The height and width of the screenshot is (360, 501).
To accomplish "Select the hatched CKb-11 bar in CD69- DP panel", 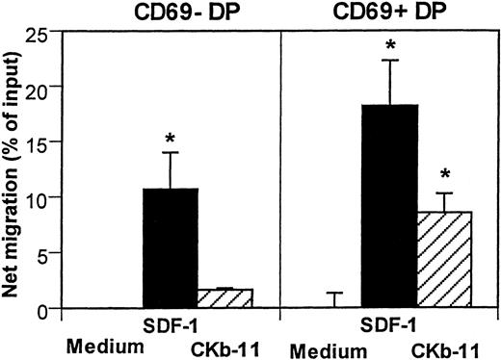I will (224, 298).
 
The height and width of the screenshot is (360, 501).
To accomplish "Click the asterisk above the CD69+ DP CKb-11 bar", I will (444, 175).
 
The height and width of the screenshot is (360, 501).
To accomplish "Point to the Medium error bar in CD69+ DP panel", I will (334, 299).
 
